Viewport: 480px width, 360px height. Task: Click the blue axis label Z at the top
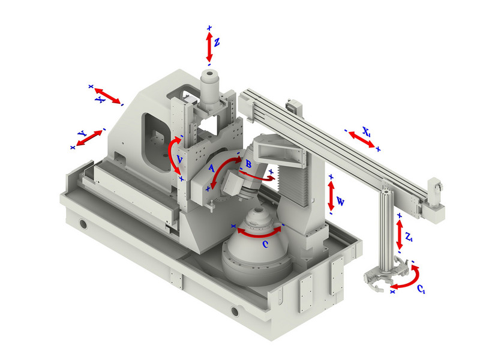tap(217, 42)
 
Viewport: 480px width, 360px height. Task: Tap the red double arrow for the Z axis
tap(209, 47)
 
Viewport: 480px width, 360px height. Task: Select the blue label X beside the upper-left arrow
tap(100, 100)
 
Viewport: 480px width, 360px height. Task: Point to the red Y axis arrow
tap(89, 138)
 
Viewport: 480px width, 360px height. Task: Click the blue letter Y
tap(82, 133)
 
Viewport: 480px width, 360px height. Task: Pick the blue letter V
tap(180, 159)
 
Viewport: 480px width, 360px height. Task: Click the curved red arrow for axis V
tap(174, 155)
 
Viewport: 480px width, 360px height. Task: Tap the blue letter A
tap(211, 168)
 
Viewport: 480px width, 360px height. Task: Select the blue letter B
tap(248, 164)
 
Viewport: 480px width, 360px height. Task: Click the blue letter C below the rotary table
tap(265, 244)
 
